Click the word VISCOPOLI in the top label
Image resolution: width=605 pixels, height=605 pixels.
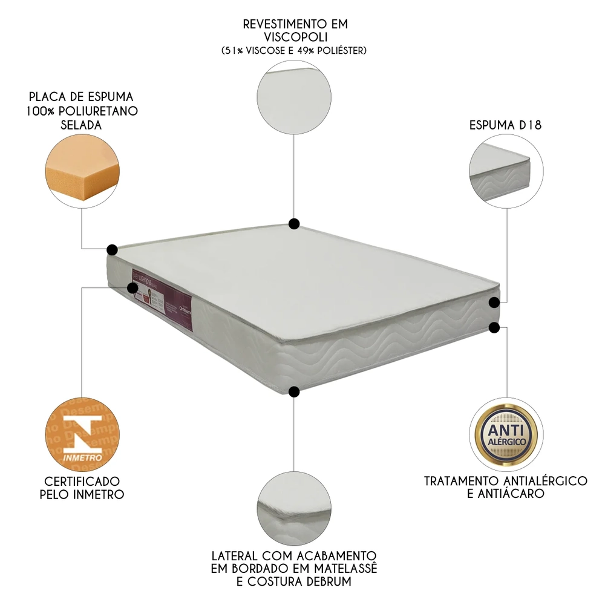click(295, 38)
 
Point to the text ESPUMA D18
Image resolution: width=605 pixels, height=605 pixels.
click(506, 126)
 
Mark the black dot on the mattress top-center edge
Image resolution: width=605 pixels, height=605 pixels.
click(294, 224)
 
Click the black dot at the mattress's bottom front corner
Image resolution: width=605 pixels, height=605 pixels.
click(294, 392)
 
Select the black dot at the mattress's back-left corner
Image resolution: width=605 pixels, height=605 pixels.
click(112, 249)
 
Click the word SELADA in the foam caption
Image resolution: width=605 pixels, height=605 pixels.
click(81, 125)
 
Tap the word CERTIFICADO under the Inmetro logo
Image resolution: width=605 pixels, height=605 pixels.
click(82, 481)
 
